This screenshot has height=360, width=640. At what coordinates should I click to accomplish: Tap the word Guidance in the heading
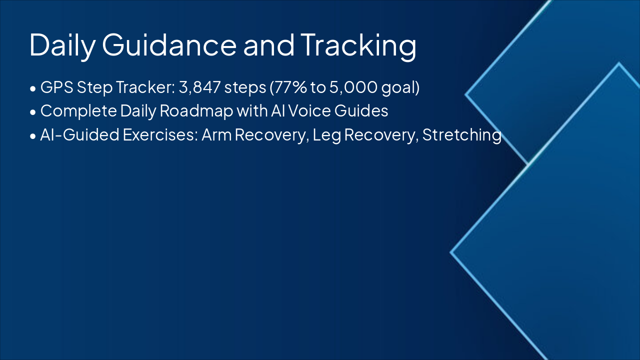[169, 44]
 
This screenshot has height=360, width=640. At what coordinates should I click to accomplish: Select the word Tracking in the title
[358, 46]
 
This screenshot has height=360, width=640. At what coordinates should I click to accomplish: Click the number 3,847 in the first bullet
[199, 87]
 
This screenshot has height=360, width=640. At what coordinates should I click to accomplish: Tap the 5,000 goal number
[353, 87]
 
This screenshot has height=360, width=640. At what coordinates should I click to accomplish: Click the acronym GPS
[57, 87]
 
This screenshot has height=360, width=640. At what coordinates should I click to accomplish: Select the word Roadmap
[196, 111]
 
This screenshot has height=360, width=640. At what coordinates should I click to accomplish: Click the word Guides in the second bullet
[361, 111]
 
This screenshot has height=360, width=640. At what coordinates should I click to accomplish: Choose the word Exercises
[160, 134]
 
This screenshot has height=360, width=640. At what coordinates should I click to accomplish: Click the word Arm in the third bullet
[216, 135]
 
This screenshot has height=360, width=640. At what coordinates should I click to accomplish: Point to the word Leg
[327, 135]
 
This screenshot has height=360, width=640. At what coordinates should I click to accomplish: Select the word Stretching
[461, 135]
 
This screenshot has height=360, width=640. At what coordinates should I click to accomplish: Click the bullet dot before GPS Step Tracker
[33, 88]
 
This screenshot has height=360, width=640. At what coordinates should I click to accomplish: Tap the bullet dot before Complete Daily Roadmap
[33, 112]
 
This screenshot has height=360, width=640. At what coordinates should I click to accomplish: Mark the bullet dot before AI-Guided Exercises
[33, 136]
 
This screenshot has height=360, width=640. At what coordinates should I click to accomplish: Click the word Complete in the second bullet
[78, 111]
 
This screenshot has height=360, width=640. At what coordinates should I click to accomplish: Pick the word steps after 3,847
[245, 88]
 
